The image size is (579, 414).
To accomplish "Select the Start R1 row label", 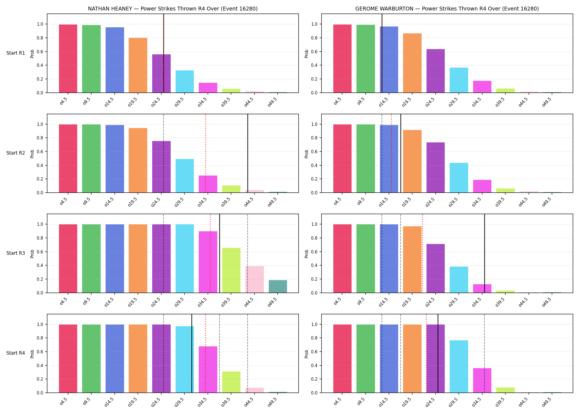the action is [16, 53].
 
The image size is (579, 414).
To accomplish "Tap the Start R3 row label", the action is [16, 253].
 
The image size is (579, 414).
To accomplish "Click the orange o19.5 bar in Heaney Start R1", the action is [138, 65].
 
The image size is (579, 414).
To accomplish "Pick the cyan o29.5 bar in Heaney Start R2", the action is [185, 176].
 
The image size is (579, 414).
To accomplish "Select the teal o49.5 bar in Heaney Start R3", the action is [278, 286].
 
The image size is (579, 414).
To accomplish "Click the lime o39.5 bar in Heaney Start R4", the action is [231, 382].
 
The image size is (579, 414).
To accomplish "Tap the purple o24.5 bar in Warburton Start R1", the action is [436, 71].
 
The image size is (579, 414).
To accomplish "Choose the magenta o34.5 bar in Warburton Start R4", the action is [482, 380].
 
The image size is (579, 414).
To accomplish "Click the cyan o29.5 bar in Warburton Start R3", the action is [459, 280].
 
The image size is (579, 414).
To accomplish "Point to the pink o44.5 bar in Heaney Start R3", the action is [254, 279].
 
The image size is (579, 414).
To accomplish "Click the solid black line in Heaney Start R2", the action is [248, 153].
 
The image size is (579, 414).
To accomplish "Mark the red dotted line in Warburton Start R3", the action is [422, 253].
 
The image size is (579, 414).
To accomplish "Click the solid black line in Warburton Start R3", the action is [484, 253].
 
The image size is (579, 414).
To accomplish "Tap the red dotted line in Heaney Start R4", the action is [205, 353].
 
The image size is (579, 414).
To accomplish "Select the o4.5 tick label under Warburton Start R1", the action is [338, 100].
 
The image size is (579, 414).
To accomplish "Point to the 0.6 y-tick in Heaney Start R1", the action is [40, 52].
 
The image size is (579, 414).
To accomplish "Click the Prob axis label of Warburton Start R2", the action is [307, 154].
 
